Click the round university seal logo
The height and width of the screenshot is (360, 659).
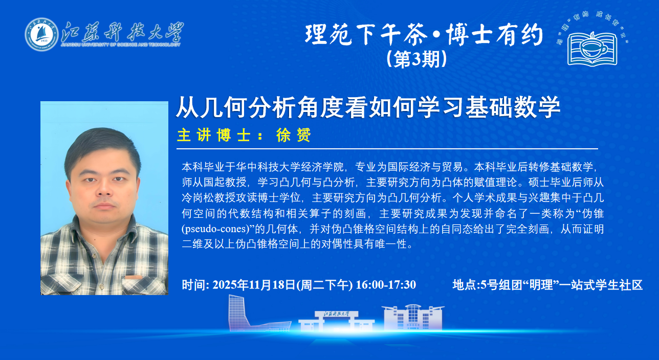(x=41, y=34)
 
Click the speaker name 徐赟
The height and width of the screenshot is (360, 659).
(x=293, y=136)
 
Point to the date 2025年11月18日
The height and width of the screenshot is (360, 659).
(x=254, y=285)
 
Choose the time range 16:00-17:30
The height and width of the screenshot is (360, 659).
(x=386, y=285)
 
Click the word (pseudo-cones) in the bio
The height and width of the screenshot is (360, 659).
(x=218, y=229)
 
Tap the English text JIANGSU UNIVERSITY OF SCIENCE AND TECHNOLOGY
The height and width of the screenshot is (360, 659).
(x=121, y=44)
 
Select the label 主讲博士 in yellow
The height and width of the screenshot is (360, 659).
(x=214, y=136)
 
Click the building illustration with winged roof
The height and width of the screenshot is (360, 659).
(x=413, y=317)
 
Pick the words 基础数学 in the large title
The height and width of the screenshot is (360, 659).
(x=512, y=108)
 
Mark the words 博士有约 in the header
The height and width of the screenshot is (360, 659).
(x=494, y=35)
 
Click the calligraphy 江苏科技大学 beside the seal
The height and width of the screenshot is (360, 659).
(x=122, y=32)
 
